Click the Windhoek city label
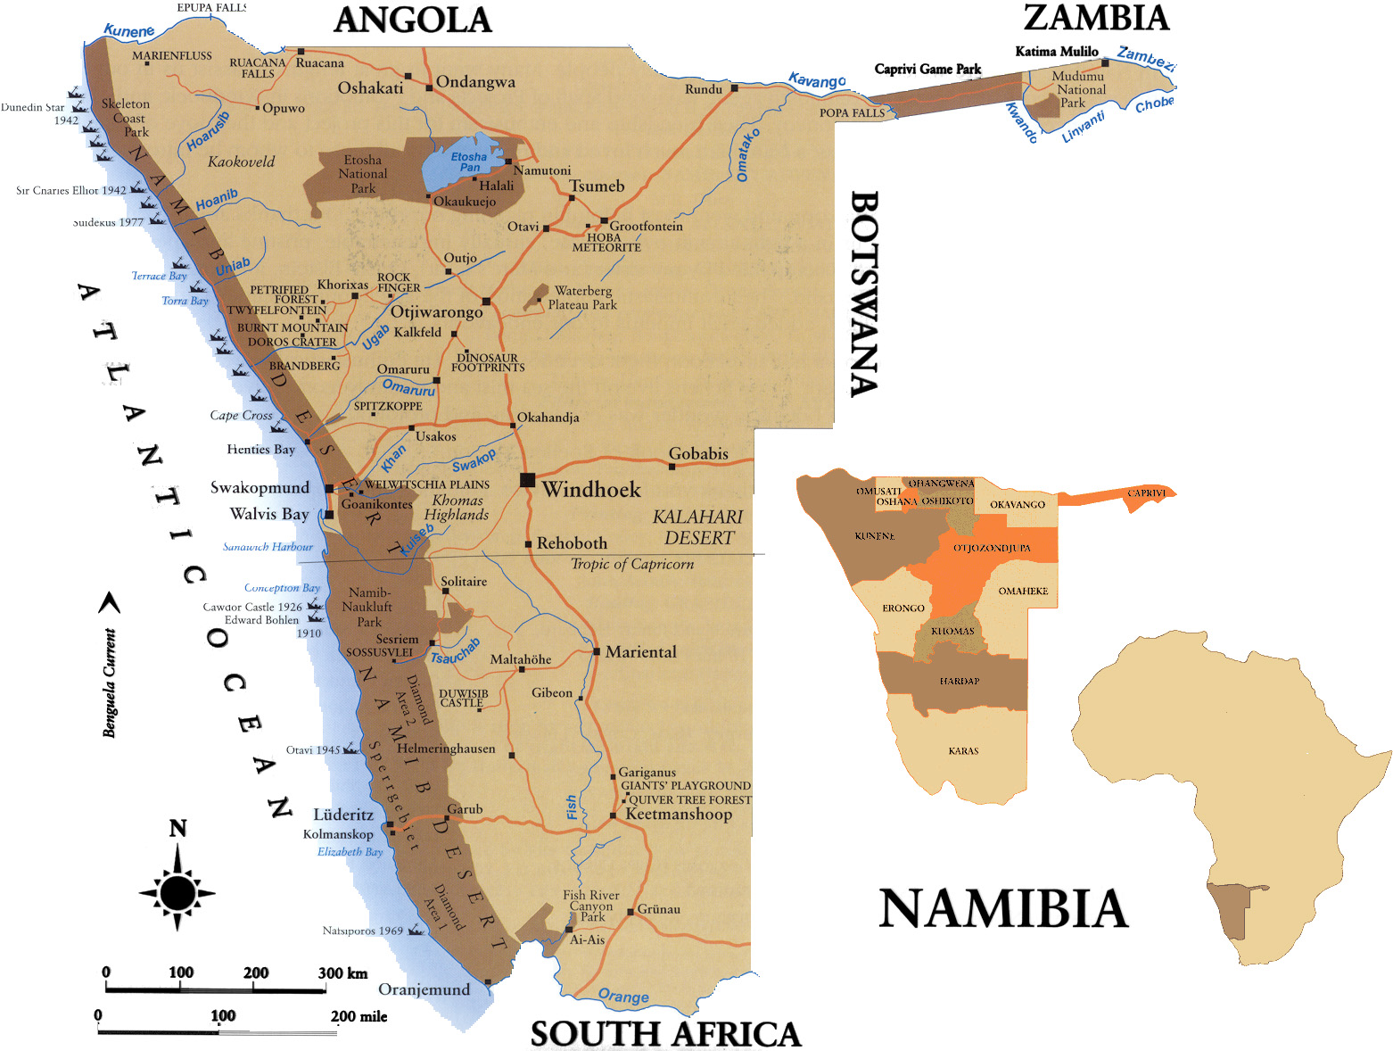(x=591, y=489)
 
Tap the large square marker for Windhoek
(x=527, y=480)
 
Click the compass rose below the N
(x=177, y=891)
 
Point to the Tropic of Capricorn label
(x=631, y=564)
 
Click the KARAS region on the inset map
(x=963, y=751)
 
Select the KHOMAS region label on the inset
(x=952, y=631)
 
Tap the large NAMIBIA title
(x=1003, y=909)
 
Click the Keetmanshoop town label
(x=679, y=814)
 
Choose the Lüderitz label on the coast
(x=343, y=815)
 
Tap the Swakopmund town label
(x=260, y=487)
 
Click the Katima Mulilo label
(x=1057, y=52)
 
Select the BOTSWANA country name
(x=863, y=294)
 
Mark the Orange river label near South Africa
(x=623, y=996)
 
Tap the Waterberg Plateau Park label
(x=582, y=298)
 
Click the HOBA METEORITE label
(x=606, y=242)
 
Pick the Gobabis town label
(x=698, y=453)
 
